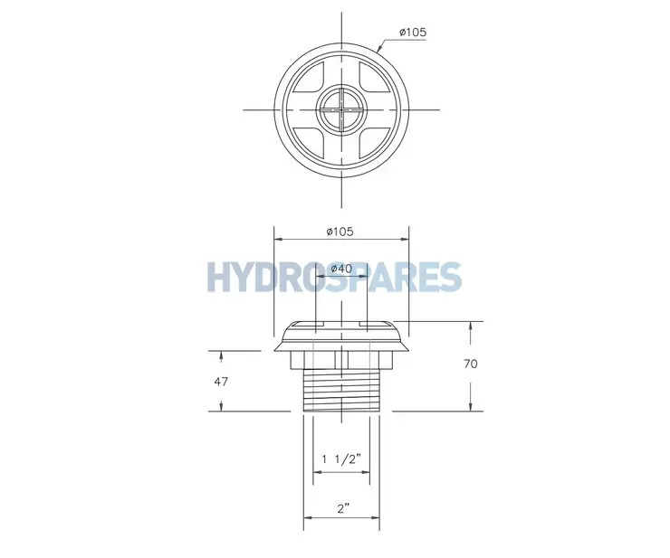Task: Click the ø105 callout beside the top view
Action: coord(412,33)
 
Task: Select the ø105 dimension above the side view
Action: coord(340,232)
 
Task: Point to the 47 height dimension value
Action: coord(222,381)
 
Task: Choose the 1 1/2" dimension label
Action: coord(341,459)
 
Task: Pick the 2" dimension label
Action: coord(341,509)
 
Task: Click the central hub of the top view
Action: coord(341,110)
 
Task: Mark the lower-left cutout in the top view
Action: coord(311,139)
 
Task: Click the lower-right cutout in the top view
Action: coord(371,139)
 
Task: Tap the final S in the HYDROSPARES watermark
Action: coord(448,277)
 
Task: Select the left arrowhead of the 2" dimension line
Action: coord(307,518)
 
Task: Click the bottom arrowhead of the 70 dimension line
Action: coord(470,407)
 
